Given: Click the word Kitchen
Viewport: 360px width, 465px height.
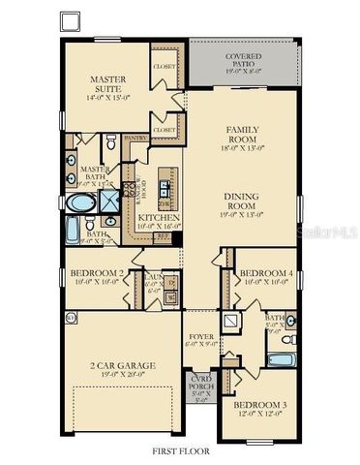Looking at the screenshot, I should point(157,218).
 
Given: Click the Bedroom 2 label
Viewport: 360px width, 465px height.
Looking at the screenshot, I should point(96,273).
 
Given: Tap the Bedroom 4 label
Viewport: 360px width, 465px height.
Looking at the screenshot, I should point(261,273).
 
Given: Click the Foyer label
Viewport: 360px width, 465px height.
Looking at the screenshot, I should point(200,338).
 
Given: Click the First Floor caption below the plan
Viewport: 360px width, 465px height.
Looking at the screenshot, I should point(179,451).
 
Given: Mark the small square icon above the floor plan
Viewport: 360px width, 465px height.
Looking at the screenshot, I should point(69,20).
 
